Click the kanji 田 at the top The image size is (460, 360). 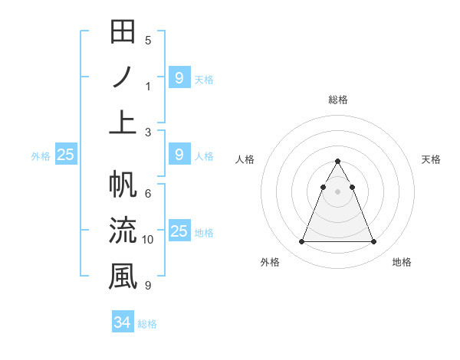[123, 33]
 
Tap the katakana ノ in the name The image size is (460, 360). [123, 77]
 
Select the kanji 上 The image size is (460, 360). [123, 121]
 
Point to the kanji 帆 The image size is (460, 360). [123, 186]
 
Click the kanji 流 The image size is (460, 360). [123, 231]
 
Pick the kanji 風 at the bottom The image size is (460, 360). [123, 275]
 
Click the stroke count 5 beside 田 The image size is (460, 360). [148, 40]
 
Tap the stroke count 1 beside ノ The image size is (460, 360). [148, 86]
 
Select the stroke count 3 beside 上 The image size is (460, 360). [148, 132]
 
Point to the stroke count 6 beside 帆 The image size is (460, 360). [148, 193]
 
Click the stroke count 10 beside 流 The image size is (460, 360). [148, 240]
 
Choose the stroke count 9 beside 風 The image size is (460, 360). [148, 286]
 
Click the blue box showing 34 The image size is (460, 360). [122, 322]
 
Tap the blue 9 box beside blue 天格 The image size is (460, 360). [179, 77]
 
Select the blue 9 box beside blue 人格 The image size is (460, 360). [179, 155]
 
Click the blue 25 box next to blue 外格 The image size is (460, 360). [65, 155]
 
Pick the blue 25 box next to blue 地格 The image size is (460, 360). [179, 231]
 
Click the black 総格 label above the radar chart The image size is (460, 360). [337, 100]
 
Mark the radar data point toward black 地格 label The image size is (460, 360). [373, 242]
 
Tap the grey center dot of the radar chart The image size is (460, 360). [337, 191]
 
